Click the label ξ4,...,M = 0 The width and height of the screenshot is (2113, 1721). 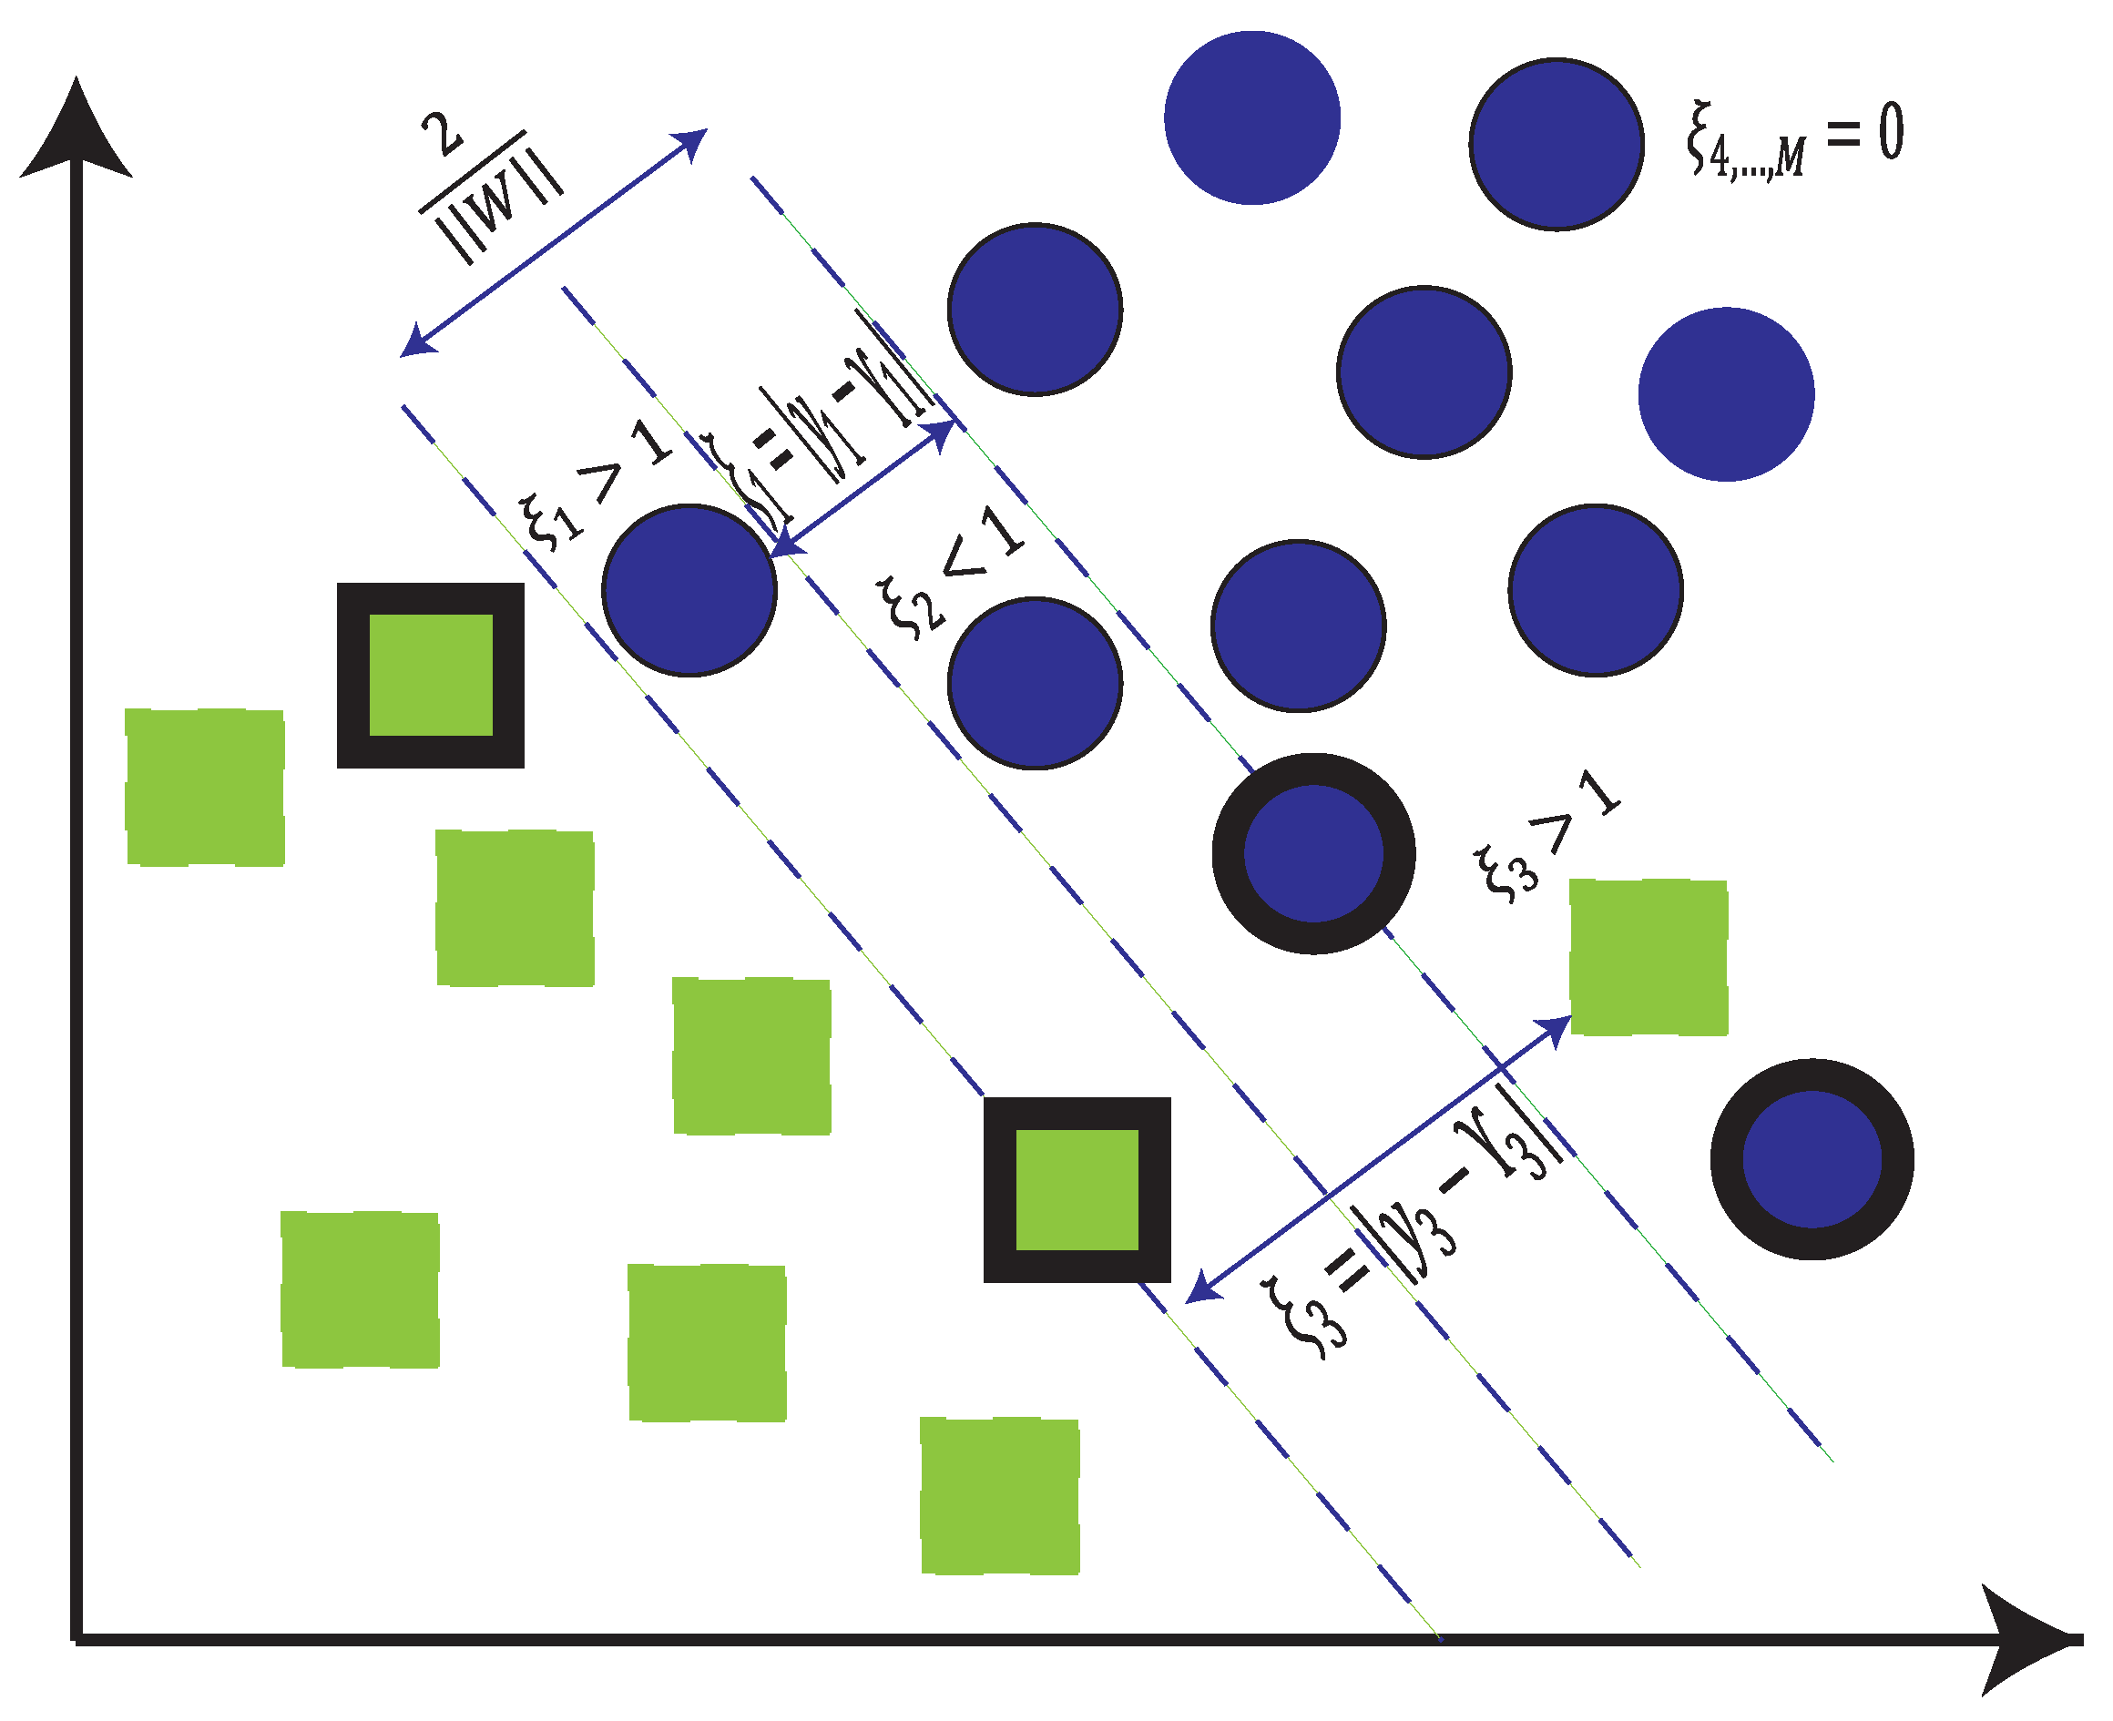[x=1792, y=138]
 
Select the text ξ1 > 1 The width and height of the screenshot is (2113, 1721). [x=595, y=485]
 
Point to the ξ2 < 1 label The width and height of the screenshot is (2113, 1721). [x=950, y=572]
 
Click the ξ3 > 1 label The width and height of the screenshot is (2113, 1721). [x=1546, y=838]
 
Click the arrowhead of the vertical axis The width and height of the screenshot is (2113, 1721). [x=77, y=129]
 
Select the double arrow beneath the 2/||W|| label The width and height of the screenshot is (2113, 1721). [x=553, y=242]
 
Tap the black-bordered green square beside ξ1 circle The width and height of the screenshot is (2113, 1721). [x=430, y=676]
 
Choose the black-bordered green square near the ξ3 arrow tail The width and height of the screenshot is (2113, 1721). [x=1077, y=1189]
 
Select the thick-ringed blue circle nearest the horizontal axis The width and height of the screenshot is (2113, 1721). [x=1812, y=1159]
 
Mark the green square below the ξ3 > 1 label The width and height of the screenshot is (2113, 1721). [x=1648, y=958]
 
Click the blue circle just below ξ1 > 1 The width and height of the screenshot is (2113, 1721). [x=689, y=591]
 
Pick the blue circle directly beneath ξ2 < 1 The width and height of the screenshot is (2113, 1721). [x=1035, y=683]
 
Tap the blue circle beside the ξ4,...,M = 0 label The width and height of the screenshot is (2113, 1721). [x=1556, y=145]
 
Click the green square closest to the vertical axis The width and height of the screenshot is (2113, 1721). [x=205, y=787]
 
